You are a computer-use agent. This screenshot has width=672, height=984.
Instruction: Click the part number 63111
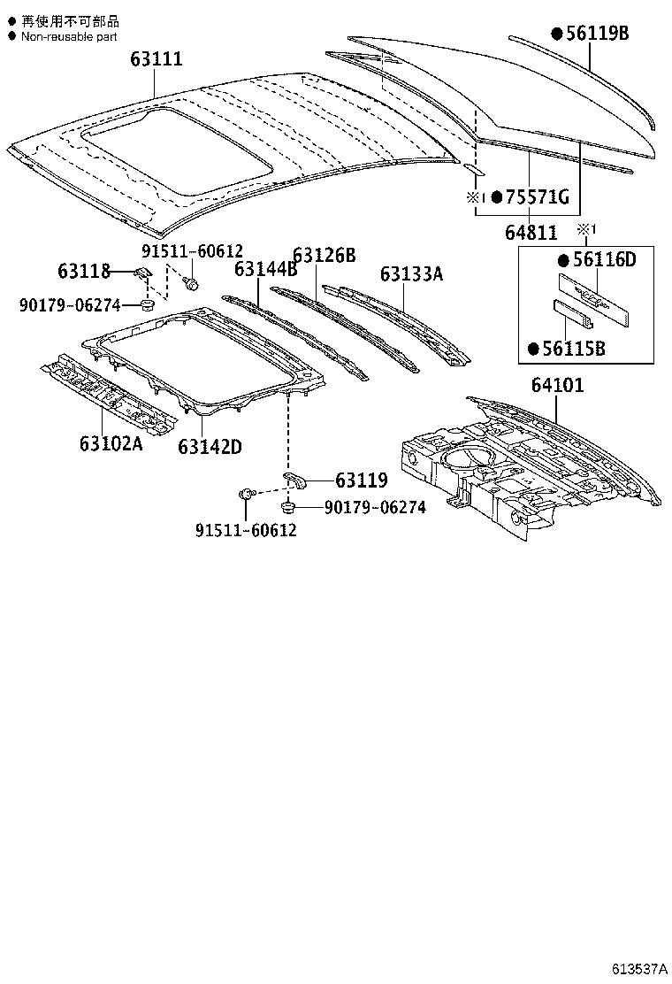[157, 59]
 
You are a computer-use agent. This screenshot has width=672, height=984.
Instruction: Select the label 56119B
[597, 35]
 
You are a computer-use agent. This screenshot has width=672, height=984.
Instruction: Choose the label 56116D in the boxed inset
[605, 260]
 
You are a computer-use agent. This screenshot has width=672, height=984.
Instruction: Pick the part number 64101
[557, 387]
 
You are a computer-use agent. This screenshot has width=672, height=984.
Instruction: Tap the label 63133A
[411, 274]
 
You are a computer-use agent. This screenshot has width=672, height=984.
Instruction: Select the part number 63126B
[324, 256]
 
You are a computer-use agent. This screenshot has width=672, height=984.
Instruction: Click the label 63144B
[265, 269]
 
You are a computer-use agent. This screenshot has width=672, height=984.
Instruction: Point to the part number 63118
[83, 272]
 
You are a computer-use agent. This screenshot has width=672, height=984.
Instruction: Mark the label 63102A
[111, 443]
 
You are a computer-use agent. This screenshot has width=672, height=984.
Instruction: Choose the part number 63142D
[210, 447]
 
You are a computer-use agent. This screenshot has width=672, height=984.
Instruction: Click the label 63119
[361, 480]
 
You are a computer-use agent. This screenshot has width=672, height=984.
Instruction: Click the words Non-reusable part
[69, 36]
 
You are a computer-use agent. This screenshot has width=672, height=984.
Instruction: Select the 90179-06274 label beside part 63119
[375, 507]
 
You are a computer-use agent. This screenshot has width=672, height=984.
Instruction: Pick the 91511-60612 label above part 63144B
[191, 251]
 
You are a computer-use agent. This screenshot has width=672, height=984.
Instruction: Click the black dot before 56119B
[557, 35]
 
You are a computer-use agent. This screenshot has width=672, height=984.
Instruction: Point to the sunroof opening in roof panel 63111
[177, 150]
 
